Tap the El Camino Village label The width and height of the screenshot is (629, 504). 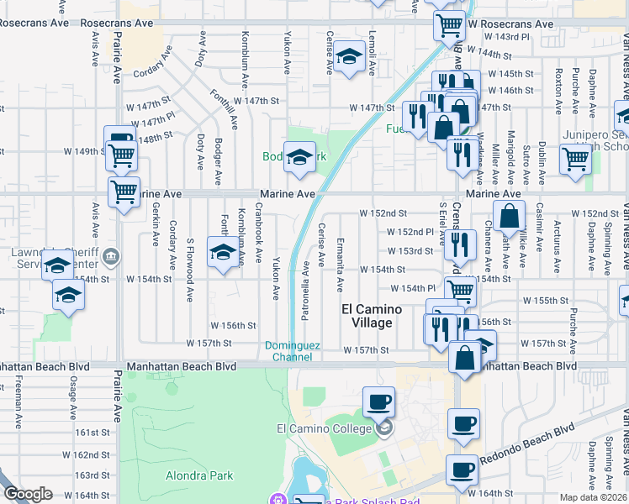[x=367, y=316]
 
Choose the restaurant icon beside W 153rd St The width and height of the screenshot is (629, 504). [x=459, y=244]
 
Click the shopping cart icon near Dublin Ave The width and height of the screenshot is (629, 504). [x=575, y=157]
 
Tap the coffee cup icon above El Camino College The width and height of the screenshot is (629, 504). [x=378, y=401]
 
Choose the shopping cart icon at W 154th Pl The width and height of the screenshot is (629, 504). [x=459, y=290]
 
